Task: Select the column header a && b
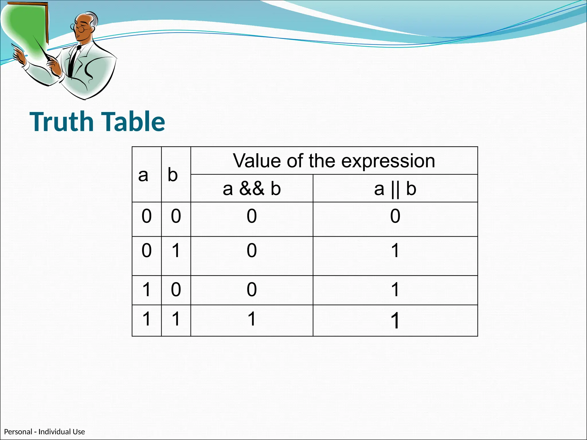click(252, 189)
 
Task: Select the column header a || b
click(395, 189)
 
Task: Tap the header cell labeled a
click(143, 175)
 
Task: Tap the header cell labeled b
click(173, 175)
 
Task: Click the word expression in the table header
click(388, 161)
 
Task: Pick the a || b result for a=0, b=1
click(395, 251)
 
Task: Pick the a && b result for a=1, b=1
click(252, 319)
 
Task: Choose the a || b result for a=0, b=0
click(395, 216)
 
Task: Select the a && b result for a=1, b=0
click(252, 289)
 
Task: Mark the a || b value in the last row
click(395, 321)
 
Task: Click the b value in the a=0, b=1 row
click(176, 251)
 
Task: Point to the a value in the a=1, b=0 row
click(146, 289)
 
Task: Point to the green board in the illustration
click(27, 26)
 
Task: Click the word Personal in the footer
click(18, 432)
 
